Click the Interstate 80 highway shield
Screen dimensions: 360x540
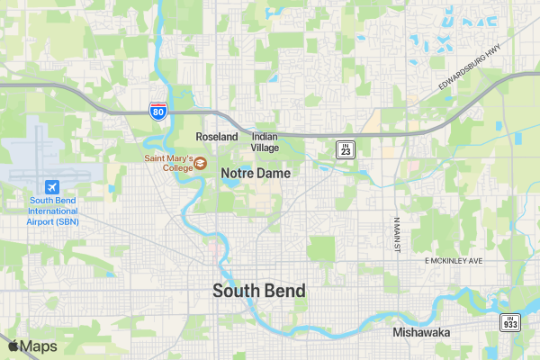[157, 112]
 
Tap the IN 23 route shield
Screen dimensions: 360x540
[346, 148]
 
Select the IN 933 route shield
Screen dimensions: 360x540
[510, 322]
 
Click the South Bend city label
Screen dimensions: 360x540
[259, 291]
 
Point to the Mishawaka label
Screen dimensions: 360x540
[421, 332]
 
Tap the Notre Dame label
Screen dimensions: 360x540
[256, 173]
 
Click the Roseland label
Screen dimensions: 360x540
[217, 137]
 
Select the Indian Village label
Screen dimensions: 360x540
[265, 142]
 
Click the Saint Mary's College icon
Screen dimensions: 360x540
[201, 163]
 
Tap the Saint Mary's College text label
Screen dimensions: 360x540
[168, 163]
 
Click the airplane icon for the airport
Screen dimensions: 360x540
[53, 185]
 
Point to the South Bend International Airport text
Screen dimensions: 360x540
[53, 211]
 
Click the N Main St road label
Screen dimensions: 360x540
[395, 234]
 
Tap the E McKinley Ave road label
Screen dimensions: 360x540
[454, 260]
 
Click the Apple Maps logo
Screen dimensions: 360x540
[32, 346]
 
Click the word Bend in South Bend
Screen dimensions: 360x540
[284, 291]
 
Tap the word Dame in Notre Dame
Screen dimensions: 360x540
[275, 173]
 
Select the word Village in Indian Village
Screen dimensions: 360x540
[265, 148]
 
